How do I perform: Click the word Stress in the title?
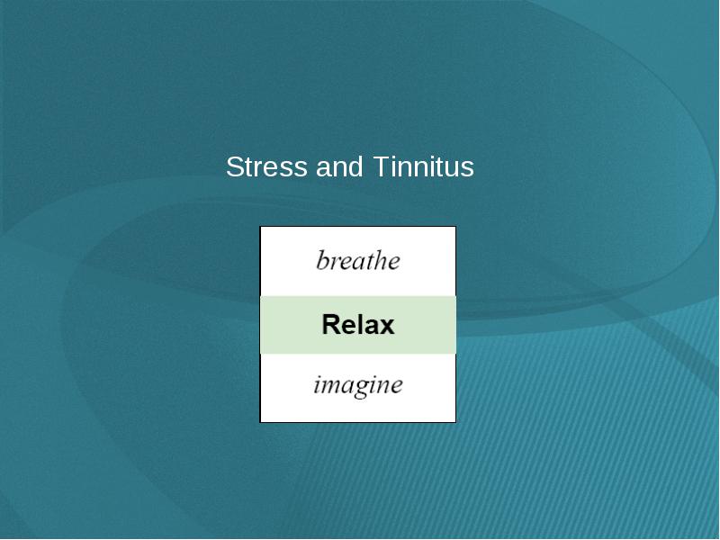pos(266,166)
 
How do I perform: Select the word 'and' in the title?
pos(339,166)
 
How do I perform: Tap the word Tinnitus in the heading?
pos(423,166)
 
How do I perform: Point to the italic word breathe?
pos(358,260)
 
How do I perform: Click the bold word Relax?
pos(358,324)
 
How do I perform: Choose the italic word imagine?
pos(358,385)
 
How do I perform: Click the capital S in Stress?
pos(234,166)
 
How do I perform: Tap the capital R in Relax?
pos(331,324)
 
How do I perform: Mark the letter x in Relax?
pos(387,328)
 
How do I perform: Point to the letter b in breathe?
pos(323,260)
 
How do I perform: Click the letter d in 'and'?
pos(355,166)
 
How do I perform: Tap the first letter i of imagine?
pos(318,385)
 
